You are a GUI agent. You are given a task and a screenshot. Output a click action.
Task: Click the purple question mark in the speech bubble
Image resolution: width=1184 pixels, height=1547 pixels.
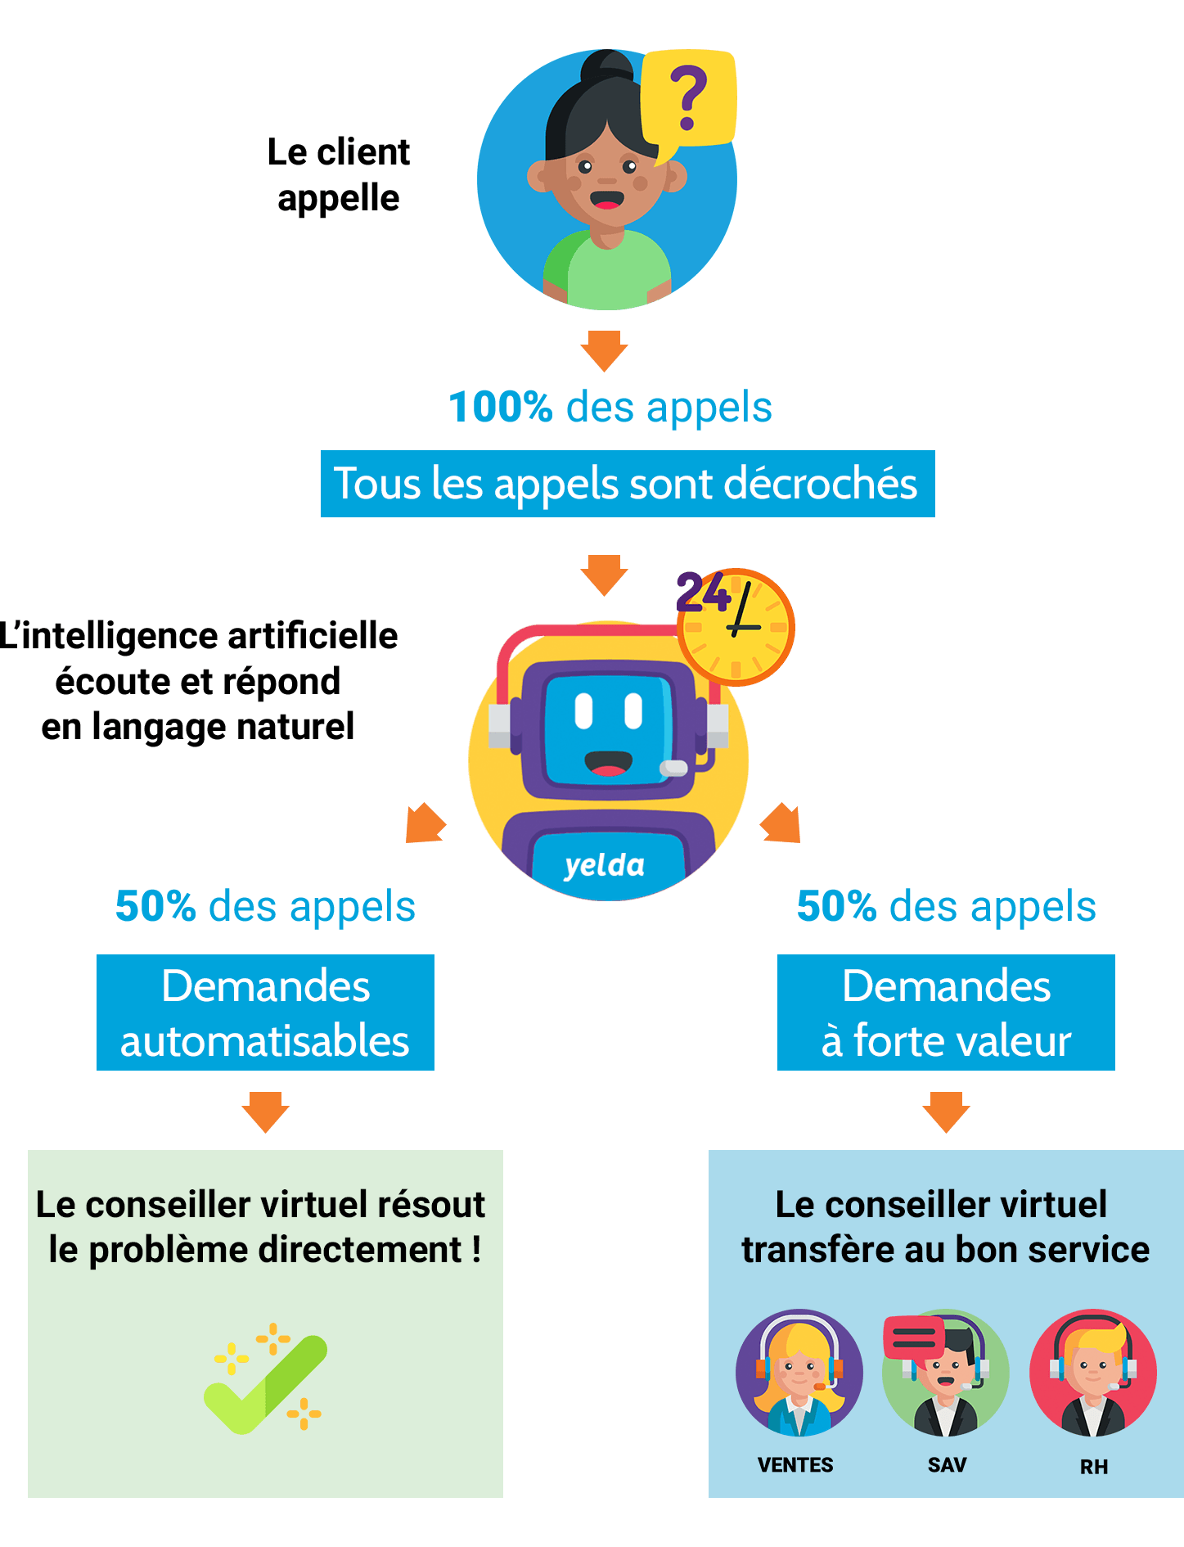pos(688,98)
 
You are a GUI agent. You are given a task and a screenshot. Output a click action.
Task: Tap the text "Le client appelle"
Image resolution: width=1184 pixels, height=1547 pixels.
pos(339,175)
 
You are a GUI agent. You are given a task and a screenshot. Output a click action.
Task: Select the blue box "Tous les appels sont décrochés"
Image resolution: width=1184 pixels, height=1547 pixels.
pos(627,484)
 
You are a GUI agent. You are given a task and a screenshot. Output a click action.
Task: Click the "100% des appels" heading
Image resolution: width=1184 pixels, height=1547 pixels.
pos(610,407)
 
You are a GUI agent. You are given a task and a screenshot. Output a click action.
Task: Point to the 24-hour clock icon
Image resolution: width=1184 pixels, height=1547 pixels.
pos(734,625)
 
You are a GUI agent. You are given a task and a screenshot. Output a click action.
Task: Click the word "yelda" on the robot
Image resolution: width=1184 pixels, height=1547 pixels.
pos(604,865)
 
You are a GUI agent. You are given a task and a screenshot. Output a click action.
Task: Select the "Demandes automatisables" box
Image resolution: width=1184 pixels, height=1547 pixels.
pos(265,1013)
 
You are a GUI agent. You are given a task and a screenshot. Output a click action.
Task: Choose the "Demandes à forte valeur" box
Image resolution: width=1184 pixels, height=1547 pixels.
pos(946,1013)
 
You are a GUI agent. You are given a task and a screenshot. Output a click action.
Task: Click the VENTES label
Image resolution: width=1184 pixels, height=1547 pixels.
pos(795,1465)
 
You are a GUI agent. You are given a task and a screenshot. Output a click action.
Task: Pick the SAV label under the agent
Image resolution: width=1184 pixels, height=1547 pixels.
pos(947,1465)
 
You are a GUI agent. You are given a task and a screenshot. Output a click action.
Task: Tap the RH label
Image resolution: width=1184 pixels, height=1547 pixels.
pos(1094,1467)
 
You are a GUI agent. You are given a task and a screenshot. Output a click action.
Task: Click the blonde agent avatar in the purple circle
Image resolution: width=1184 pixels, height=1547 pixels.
pos(799,1373)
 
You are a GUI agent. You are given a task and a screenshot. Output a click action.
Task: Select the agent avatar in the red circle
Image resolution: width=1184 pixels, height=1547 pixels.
pos(1093,1373)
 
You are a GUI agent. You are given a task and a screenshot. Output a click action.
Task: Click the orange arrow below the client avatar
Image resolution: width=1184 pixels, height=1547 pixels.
pos(604,350)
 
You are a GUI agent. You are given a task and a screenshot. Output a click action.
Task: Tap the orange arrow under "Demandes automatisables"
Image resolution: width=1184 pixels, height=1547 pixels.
pos(265,1112)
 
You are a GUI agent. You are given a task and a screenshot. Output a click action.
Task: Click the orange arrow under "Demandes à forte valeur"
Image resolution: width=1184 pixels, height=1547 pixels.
pos(946,1112)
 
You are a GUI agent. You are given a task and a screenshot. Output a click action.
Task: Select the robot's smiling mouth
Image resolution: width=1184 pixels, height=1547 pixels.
pos(608,764)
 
